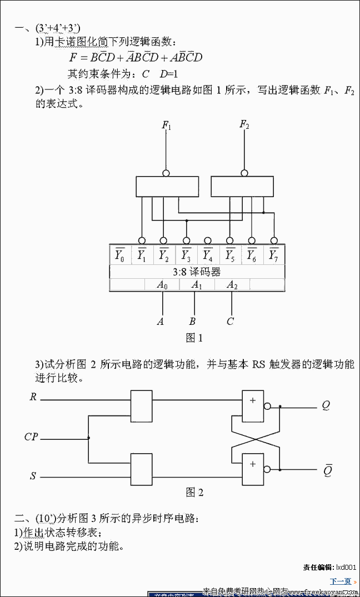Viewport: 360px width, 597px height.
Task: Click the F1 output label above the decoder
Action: coord(166,126)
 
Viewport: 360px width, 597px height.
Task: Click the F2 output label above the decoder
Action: coord(244,124)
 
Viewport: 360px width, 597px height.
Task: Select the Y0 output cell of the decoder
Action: coord(120,255)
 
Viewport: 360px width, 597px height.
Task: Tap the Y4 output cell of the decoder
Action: coord(208,255)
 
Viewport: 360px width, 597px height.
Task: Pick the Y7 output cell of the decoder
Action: coord(273,255)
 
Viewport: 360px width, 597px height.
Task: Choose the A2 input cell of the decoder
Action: coord(232,284)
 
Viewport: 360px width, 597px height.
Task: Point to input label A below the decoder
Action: coord(161,321)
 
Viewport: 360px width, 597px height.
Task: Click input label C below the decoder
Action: coord(230,321)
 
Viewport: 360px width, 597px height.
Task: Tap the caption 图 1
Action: coord(194,338)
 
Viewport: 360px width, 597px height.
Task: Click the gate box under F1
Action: coord(167,186)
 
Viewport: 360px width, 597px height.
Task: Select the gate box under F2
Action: coord(242,186)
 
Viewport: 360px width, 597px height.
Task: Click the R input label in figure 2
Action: coord(33,397)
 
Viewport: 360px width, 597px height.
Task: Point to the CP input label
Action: coord(31,437)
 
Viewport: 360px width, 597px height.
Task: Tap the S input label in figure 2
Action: coord(33,476)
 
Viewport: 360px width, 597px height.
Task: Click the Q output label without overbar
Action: coord(326,405)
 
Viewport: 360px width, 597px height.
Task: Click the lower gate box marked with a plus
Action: coord(253,469)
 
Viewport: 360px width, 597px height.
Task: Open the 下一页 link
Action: coord(341,581)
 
